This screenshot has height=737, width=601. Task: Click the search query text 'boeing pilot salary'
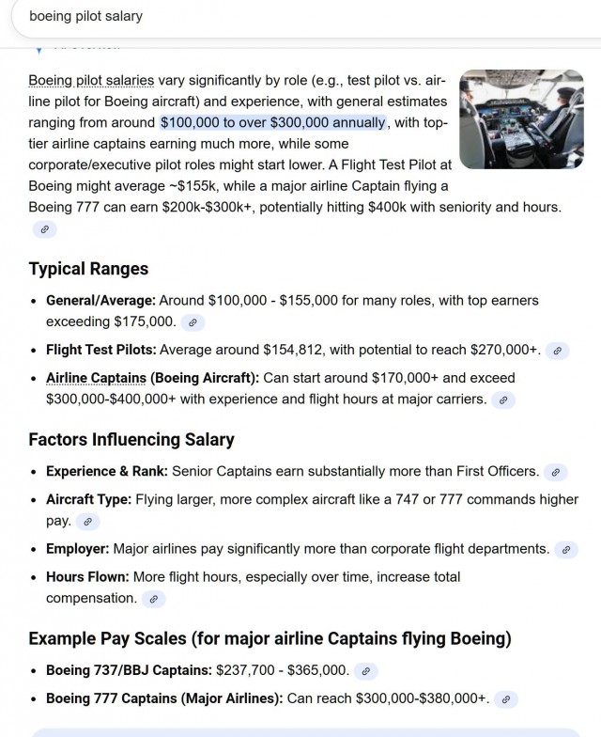85,16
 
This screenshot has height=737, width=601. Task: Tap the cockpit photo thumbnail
521,118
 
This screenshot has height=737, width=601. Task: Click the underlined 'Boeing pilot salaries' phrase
92,80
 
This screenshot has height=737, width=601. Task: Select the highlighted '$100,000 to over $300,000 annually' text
272,123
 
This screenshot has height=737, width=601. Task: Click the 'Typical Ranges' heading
88,269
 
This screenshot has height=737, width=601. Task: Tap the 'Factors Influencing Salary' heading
131,439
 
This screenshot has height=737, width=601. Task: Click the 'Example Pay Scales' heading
270,639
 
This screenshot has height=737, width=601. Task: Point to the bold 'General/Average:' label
100,301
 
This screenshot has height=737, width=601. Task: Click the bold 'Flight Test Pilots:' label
101,350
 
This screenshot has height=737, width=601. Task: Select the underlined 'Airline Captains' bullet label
97,378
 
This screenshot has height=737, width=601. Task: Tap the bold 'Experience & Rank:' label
107,471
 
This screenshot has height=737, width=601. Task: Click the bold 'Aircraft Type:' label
88,499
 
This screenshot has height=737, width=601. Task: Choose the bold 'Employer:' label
78,548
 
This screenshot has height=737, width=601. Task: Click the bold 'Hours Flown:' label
87,576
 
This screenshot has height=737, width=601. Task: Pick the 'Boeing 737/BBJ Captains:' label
129,670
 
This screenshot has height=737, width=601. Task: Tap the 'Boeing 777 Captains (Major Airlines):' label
164,698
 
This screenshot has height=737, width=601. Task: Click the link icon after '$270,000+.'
557,351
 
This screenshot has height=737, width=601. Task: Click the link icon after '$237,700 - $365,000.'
366,671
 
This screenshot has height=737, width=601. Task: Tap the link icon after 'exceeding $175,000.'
193,322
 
